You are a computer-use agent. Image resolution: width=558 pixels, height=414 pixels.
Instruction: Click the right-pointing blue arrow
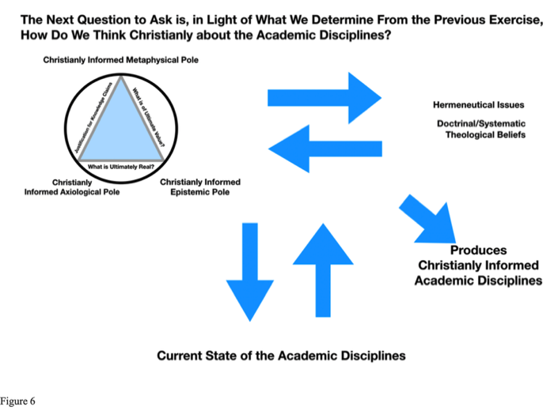tap(325, 97)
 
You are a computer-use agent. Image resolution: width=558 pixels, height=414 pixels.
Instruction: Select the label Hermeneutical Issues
tap(478, 105)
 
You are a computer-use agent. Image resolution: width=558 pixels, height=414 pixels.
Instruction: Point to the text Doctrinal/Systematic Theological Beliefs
tap(481, 129)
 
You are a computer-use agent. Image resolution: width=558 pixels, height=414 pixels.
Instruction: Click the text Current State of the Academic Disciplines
tap(281, 356)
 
